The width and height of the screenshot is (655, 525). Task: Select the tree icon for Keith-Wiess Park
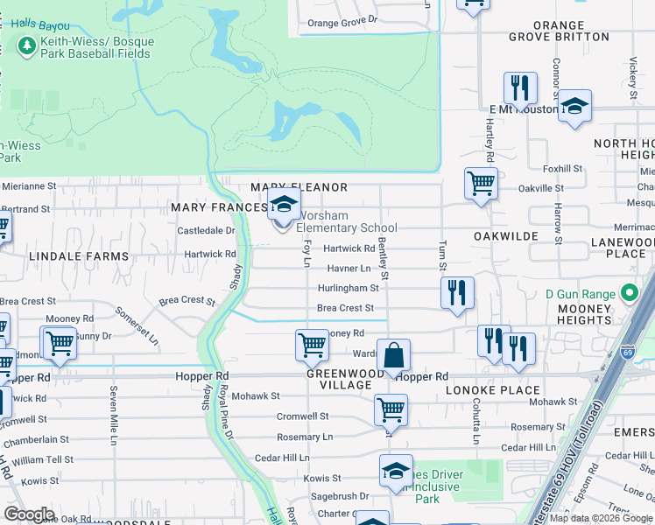(27, 45)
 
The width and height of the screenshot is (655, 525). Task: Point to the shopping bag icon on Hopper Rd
(394, 356)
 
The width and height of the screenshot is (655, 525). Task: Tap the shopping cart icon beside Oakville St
(480, 184)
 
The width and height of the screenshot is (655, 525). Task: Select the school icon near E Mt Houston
(574, 106)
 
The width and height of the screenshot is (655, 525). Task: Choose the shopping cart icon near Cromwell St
(391, 409)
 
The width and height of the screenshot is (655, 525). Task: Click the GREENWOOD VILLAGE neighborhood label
(339, 379)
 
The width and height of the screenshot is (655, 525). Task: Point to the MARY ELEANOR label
(299, 187)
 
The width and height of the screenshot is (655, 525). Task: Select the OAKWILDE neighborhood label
(505, 236)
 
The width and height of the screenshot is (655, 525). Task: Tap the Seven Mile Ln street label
(113, 416)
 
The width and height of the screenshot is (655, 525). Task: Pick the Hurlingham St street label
(348, 287)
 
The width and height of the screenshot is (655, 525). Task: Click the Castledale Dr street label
(207, 230)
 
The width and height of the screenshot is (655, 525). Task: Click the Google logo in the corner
(29, 514)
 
